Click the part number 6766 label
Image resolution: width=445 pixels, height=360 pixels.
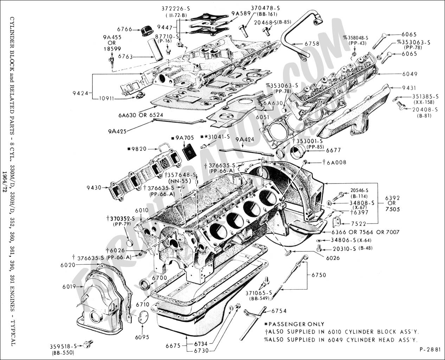click(x=125, y=29)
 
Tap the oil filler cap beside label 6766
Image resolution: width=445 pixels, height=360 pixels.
click(x=146, y=31)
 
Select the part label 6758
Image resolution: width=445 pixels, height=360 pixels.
click(x=312, y=44)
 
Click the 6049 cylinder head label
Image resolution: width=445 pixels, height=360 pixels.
click(x=410, y=74)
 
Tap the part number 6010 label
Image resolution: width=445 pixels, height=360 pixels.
click(x=141, y=210)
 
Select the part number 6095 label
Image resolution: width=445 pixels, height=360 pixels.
click(x=142, y=337)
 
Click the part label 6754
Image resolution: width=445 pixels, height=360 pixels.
click(x=279, y=311)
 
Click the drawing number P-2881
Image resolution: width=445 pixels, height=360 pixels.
click(x=430, y=349)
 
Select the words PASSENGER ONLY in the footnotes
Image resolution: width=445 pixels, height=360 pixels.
click(x=296, y=324)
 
